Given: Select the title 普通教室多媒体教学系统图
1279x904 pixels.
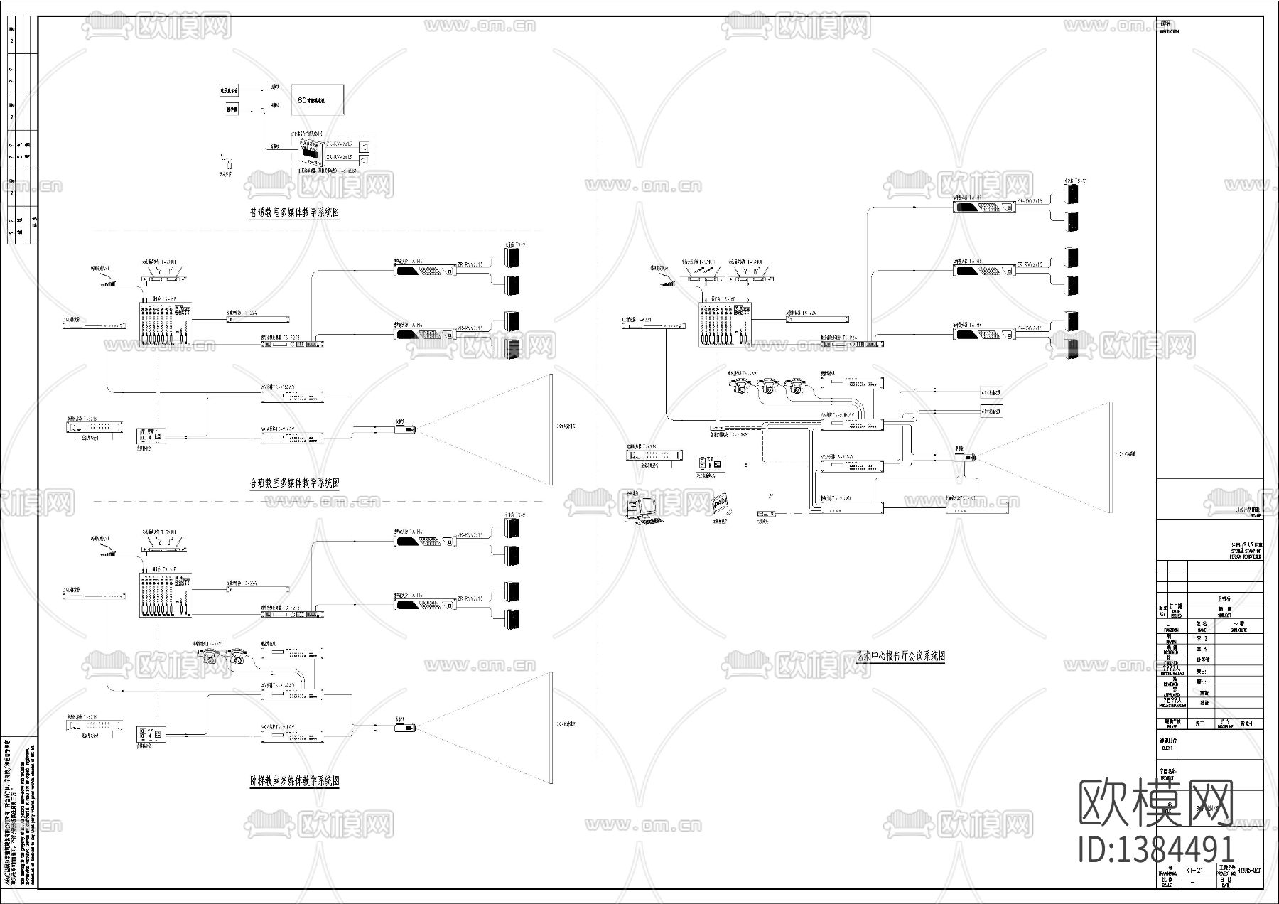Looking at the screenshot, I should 294,212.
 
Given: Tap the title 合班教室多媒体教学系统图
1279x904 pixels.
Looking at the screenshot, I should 294,483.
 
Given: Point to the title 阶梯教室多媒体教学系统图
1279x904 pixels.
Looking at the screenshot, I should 294,781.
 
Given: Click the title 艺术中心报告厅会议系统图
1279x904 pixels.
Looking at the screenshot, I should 900,656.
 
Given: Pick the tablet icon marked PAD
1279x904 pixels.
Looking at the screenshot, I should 720,503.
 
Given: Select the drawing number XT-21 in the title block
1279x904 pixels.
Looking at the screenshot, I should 1194,870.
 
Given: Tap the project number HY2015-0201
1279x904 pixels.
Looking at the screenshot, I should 1249,870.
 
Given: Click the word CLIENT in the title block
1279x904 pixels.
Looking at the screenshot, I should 1167,748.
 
